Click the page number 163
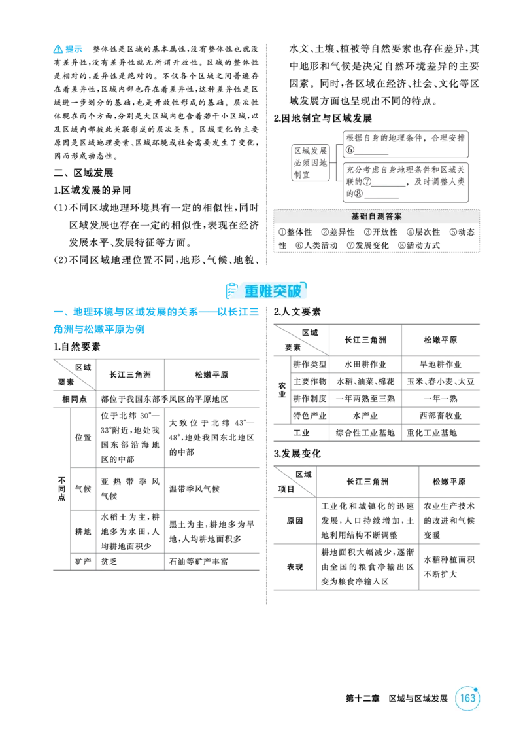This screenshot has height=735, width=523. (x=467, y=698)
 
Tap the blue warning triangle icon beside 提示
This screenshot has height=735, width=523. (x=58, y=48)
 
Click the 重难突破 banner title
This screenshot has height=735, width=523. (x=273, y=291)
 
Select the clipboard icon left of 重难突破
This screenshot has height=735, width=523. (x=232, y=291)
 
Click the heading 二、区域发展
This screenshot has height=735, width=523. (x=83, y=173)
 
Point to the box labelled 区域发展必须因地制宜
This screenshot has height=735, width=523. (x=310, y=163)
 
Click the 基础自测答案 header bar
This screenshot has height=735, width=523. (x=377, y=217)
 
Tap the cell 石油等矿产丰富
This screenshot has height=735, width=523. (x=199, y=561)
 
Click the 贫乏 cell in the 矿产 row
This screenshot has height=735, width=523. (x=109, y=561)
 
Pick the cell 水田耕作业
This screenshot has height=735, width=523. (x=365, y=364)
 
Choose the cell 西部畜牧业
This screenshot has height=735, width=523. (x=441, y=416)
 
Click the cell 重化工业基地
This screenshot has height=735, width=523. (x=431, y=433)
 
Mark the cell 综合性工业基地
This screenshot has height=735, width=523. (x=365, y=433)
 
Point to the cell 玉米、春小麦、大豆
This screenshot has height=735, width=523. (x=441, y=382)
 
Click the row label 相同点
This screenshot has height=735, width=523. (x=75, y=399)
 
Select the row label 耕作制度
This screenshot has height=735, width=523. (x=309, y=399)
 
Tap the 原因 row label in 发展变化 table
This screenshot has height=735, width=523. (x=295, y=521)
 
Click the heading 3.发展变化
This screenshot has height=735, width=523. (x=297, y=454)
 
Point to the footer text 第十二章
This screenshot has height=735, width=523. (x=362, y=698)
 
